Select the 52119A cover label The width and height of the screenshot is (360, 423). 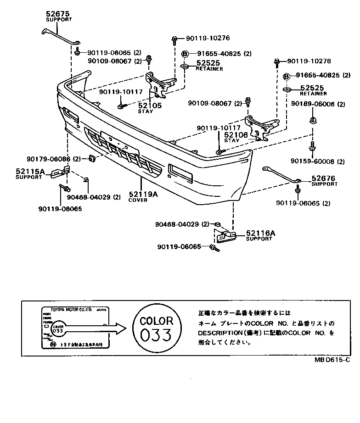[143, 194]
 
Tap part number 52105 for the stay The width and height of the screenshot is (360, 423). [147, 106]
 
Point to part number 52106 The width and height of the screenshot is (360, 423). [236, 135]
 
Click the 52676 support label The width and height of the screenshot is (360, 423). [323, 178]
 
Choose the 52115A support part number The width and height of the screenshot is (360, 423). [30, 172]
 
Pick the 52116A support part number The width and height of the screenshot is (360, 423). [260, 233]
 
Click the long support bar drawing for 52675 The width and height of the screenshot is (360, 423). [57, 37]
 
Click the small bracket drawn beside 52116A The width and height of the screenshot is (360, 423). [226, 236]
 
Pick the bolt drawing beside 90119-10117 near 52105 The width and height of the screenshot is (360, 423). [121, 106]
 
